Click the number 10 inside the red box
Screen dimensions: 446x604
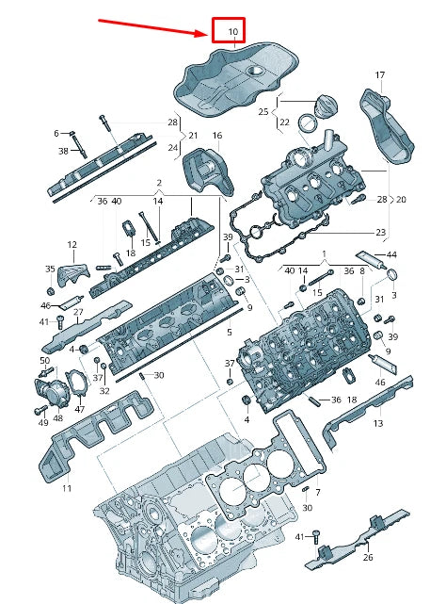pos(233,31)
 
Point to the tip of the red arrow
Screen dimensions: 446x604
pos(208,34)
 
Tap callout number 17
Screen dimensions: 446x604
pos(380,74)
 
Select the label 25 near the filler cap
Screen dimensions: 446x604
pos(263,112)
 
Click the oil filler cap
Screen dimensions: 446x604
pos(327,106)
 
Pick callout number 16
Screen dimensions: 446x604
pos(217,135)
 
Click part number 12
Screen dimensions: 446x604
pos(72,245)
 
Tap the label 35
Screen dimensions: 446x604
pos(50,269)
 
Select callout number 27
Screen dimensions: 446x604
pos(78,312)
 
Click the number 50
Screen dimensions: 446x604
pos(45,361)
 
